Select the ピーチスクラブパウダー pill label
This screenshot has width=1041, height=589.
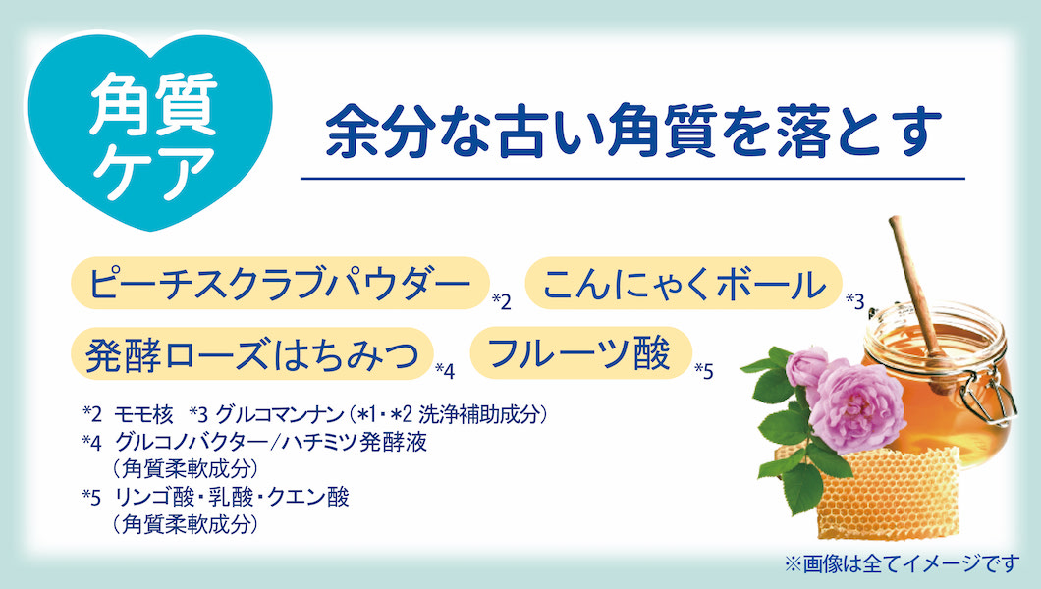(x=280, y=284)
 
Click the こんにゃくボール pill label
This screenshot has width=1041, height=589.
(x=684, y=284)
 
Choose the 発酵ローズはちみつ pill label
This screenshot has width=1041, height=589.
(x=252, y=353)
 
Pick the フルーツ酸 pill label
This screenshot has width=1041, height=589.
(x=581, y=352)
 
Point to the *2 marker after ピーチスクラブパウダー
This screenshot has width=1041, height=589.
(x=502, y=302)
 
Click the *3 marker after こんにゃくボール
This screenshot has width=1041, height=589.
(x=855, y=301)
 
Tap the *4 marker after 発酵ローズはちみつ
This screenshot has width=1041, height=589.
(x=445, y=371)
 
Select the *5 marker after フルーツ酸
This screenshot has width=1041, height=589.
(x=704, y=371)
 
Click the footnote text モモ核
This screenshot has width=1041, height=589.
(x=143, y=415)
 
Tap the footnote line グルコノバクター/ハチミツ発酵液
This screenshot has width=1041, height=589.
(x=271, y=442)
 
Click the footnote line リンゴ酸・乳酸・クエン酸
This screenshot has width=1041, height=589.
(x=232, y=497)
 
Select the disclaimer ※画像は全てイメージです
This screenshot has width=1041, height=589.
(x=902, y=563)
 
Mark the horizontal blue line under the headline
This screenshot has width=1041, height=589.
(x=632, y=179)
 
